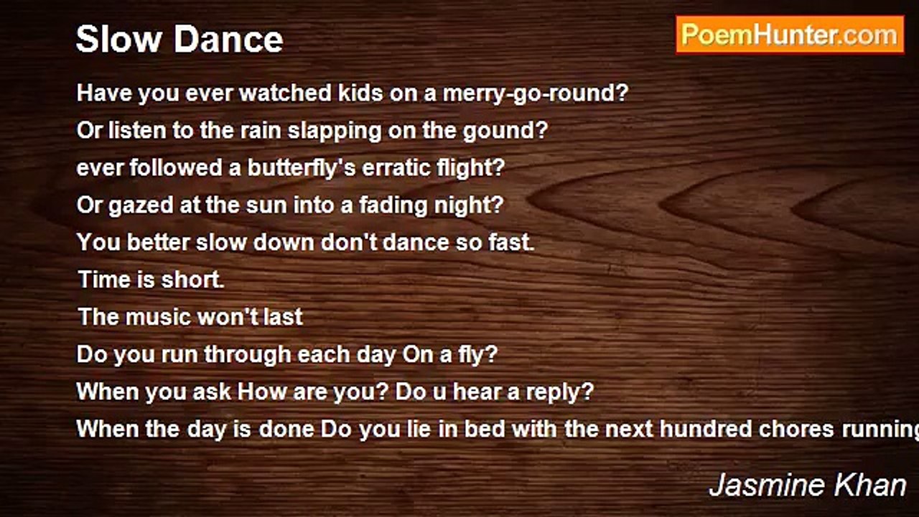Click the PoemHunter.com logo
pyautogui.click(x=790, y=35)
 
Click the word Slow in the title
pyautogui.click(x=118, y=39)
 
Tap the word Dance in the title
pyautogui.click(x=228, y=39)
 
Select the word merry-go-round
pyautogui.click(x=536, y=93)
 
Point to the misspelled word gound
pyautogui.click(x=505, y=131)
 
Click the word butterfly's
pyautogui.click(x=302, y=168)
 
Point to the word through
pyautogui.click(x=248, y=355)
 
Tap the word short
pyautogui.click(x=193, y=280)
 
